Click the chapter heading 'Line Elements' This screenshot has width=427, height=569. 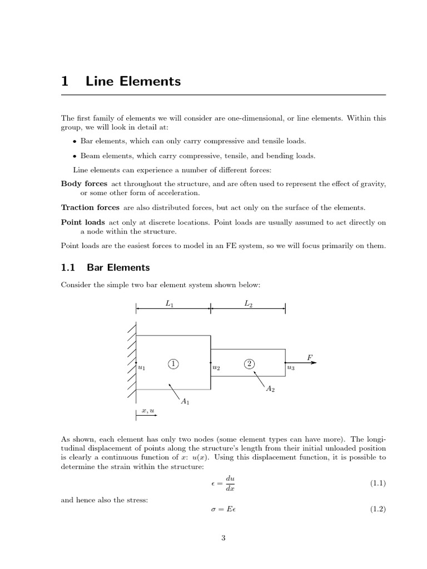point(133,81)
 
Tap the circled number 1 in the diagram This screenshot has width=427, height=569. point(173,364)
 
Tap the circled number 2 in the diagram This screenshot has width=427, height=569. point(250,363)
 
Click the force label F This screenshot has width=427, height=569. point(310,356)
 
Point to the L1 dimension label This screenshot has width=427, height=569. point(170,303)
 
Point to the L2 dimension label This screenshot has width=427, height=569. point(248,303)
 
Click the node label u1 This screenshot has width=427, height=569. point(141,367)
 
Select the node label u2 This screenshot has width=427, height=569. point(216,367)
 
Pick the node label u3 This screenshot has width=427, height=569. point(291,367)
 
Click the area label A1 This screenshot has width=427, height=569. point(185,401)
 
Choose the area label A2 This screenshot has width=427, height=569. point(270,390)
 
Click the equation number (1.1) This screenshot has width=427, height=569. point(378,484)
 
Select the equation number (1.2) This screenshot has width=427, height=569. point(378,510)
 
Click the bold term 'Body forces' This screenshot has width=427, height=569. point(85,183)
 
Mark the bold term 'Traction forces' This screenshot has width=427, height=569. point(90,207)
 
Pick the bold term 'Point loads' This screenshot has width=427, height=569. point(79,222)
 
